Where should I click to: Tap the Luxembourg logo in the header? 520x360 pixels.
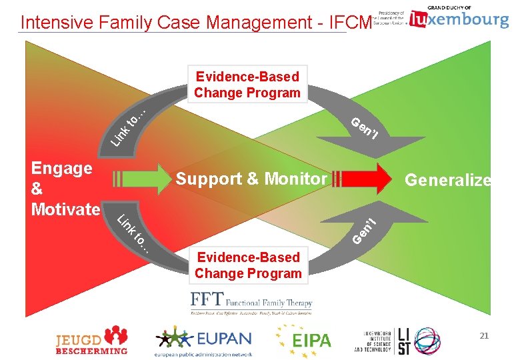(459, 18)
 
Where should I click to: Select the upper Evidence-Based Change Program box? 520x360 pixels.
(247, 85)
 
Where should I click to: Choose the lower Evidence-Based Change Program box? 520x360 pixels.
(248, 265)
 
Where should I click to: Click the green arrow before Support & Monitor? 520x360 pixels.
(141, 179)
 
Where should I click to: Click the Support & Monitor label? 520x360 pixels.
(251, 179)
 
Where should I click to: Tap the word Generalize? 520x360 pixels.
(448, 180)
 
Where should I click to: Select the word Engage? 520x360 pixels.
(61, 168)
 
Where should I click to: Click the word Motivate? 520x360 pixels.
(65, 209)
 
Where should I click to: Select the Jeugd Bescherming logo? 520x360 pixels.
(91, 339)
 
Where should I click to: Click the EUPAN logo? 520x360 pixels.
(204, 339)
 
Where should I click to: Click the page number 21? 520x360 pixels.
(484, 336)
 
